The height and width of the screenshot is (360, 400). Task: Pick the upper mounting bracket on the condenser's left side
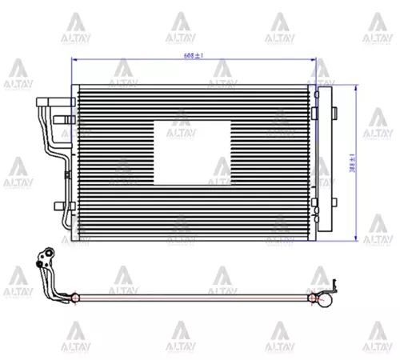pos(63,122)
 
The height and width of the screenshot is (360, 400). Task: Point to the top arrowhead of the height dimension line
pos(355,86)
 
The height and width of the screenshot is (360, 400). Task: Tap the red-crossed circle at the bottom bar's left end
pos(75,297)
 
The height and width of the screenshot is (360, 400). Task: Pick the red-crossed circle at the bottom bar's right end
pos(307,297)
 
